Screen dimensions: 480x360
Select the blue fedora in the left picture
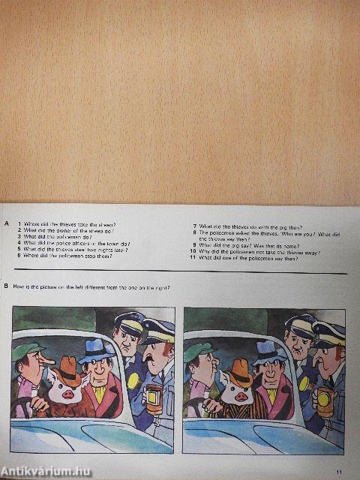pos(97,349)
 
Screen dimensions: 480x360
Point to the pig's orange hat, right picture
pos(240,369)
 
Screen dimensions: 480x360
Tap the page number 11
pos(340,472)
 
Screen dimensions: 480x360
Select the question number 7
pos(194,226)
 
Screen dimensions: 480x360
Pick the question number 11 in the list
pos(193,258)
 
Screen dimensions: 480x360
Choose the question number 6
pos(19,256)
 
